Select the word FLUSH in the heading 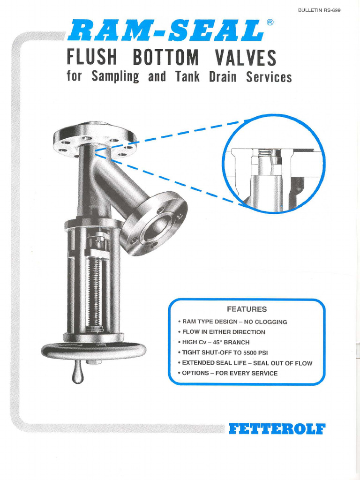[x=92, y=58]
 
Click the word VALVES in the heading [x=246, y=58]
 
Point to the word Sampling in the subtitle [x=115, y=76]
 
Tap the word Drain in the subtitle [x=223, y=76]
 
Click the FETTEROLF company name [x=277, y=429]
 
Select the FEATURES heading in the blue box [x=247, y=309]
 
